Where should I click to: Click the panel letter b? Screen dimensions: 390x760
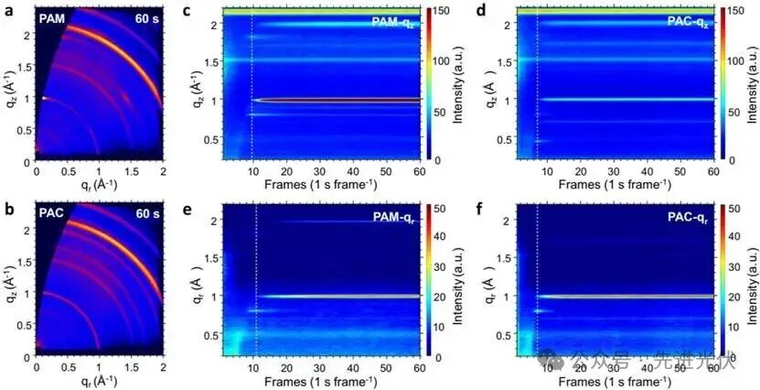coord(6,208)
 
